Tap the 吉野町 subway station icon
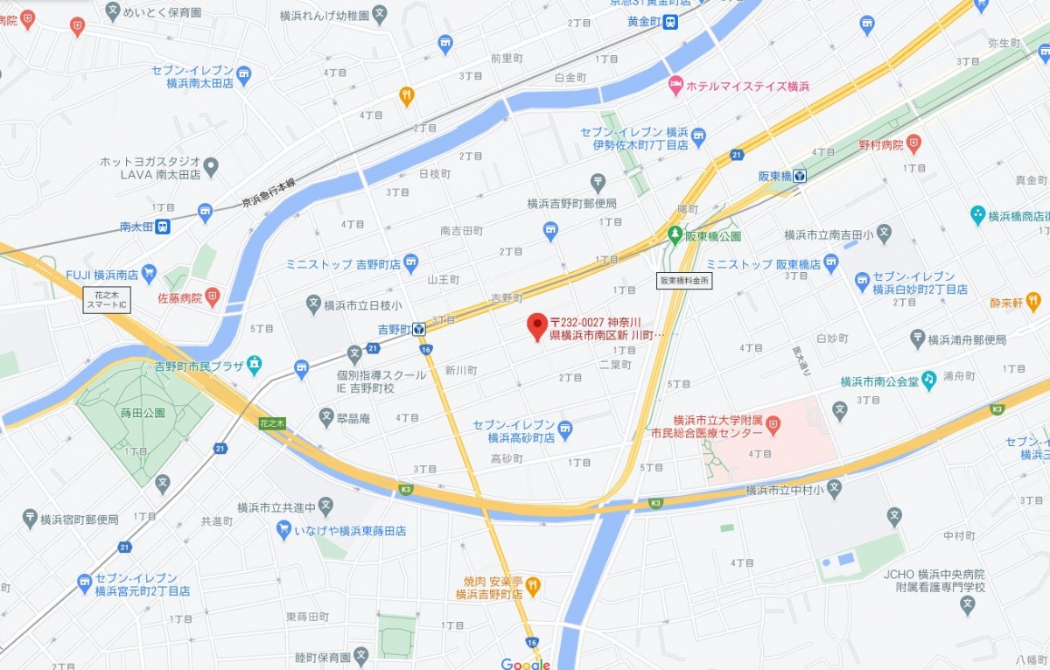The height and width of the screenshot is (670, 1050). click(x=419, y=329)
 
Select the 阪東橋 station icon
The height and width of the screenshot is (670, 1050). click(x=800, y=176)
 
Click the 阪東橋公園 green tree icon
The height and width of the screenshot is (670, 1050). click(x=675, y=235)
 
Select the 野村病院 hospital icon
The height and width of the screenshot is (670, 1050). click(x=913, y=142)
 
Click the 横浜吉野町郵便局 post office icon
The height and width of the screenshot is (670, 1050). click(x=598, y=183)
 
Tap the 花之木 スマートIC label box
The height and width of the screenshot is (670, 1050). click(x=107, y=299)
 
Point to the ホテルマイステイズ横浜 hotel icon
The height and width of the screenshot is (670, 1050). click(x=675, y=86)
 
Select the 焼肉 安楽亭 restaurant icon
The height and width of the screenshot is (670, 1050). click(x=533, y=583)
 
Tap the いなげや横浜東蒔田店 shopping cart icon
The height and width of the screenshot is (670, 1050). click(x=283, y=530)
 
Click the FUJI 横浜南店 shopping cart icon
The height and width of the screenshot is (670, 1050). click(x=148, y=274)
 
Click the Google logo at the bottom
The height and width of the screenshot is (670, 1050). click(x=526, y=664)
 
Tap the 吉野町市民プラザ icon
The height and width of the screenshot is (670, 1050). click(x=254, y=362)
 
